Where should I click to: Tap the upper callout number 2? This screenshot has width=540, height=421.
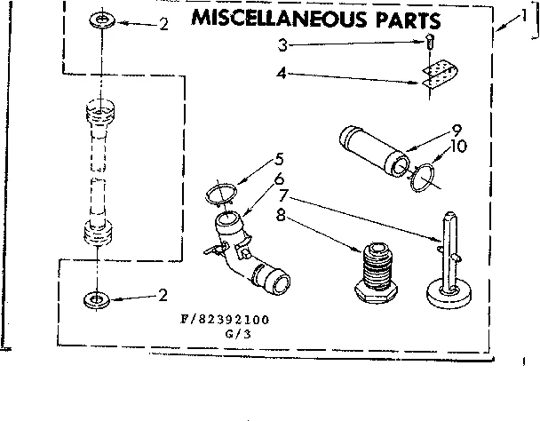pos(163,24)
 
